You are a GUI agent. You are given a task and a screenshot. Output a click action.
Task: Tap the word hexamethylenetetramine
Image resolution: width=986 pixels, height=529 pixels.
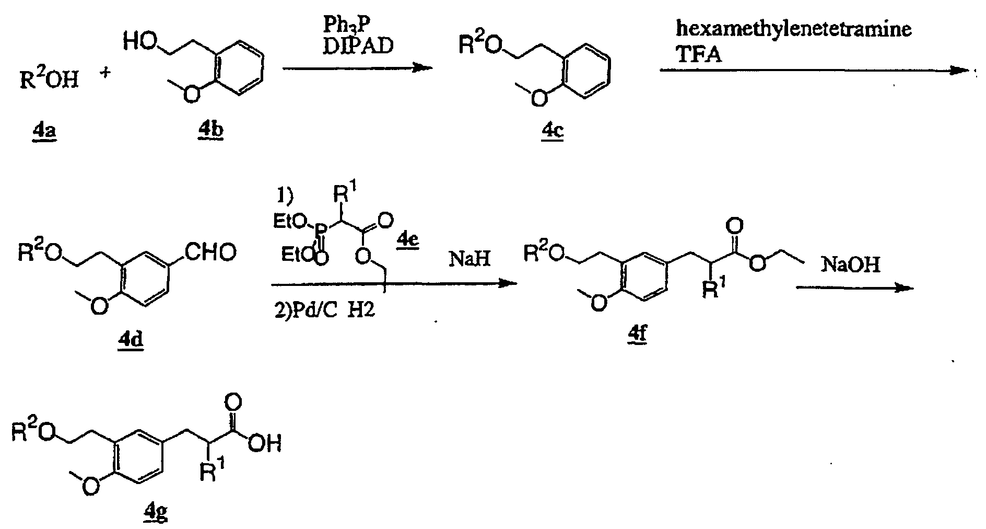[x=793, y=29]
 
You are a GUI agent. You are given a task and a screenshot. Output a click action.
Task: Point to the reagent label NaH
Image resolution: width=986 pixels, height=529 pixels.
[x=469, y=260]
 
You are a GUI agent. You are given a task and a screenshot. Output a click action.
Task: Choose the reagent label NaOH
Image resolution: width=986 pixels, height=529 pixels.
[x=851, y=264]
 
